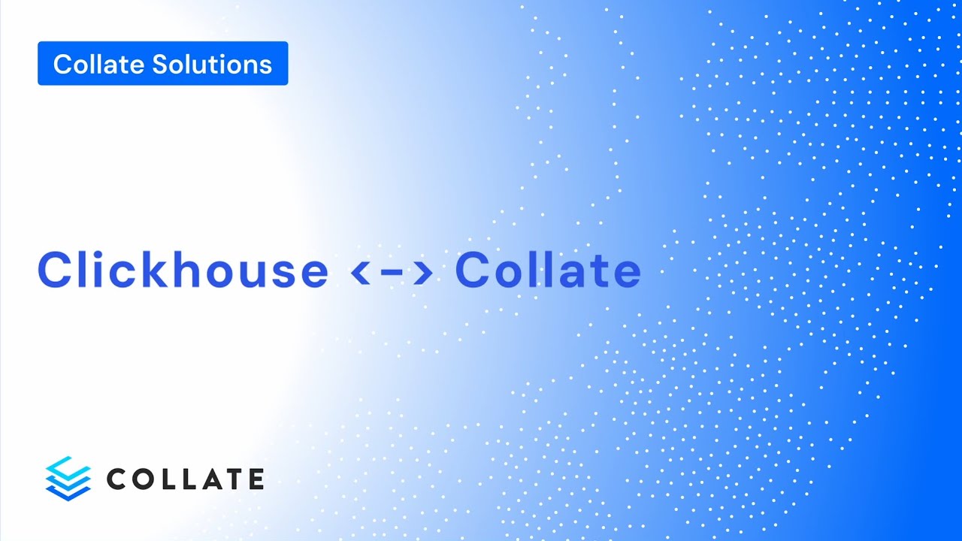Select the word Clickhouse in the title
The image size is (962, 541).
point(183,270)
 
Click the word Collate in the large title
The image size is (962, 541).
point(548,270)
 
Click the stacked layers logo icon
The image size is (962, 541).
point(68,478)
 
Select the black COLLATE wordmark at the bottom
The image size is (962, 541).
point(185,479)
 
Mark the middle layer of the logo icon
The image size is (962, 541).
point(68,479)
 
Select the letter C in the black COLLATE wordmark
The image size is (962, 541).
point(119,479)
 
